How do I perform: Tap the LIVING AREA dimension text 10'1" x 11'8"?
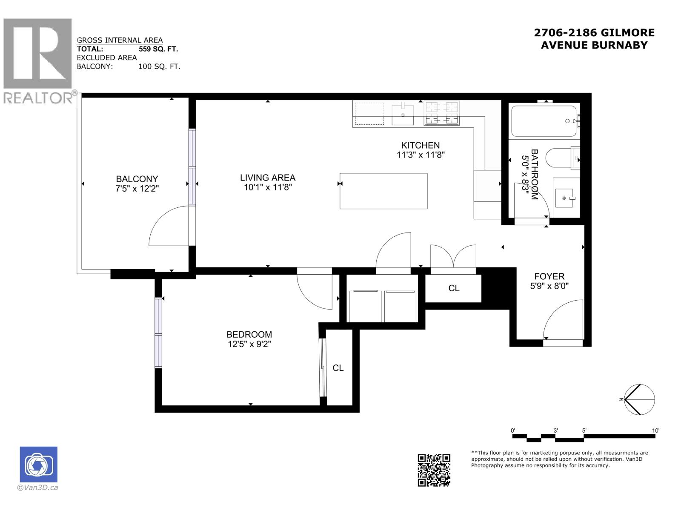267,187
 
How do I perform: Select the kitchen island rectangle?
383,191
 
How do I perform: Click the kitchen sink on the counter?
402,114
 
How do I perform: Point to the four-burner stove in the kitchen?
442,113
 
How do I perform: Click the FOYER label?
549,276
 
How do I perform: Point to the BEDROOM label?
249,335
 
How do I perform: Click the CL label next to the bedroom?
338,368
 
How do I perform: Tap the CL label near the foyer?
454,288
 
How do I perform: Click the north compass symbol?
638,399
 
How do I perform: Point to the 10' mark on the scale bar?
655,431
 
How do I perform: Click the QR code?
434,470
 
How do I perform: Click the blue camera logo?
38,465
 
